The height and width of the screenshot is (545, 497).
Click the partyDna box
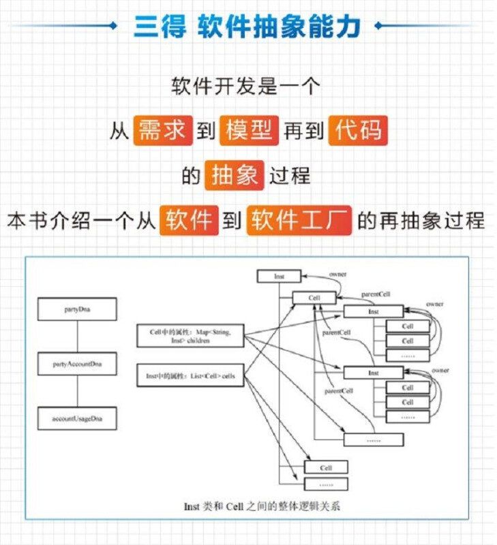(x=77, y=309)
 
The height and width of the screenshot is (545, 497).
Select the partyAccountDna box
(x=77, y=364)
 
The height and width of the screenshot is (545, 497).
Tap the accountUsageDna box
(x=77, y=417)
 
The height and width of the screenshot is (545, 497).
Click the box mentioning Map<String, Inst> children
(x=190, y=335)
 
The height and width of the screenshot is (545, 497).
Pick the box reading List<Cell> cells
(x=190, y=375)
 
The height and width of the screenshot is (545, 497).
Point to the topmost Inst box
(x=279, y=276)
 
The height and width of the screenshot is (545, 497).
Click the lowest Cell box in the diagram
(x=325, y=467)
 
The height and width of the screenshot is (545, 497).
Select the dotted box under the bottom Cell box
(x=325, y=484)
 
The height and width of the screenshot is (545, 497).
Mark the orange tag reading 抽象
(x=233, y=176)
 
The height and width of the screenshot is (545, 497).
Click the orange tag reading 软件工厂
(x=299, y=221)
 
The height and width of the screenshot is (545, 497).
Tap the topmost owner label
(x=338, y=274)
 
